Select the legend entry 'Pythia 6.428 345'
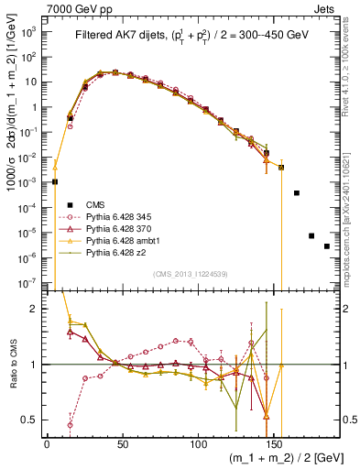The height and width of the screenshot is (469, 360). point(121,216)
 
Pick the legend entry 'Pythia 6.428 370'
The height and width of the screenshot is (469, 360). point(121,228)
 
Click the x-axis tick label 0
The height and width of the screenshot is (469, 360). point(47,444)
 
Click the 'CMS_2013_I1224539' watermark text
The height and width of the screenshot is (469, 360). point(191,274)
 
